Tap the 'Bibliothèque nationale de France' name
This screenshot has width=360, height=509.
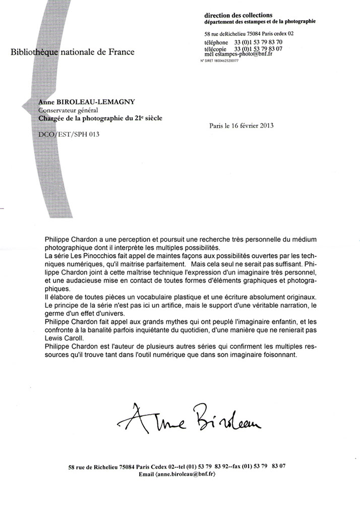73,52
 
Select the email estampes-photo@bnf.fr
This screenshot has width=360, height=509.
249,53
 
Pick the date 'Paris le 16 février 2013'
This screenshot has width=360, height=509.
241,126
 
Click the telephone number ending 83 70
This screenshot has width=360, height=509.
258,42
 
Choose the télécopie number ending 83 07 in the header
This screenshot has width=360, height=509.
258,48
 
